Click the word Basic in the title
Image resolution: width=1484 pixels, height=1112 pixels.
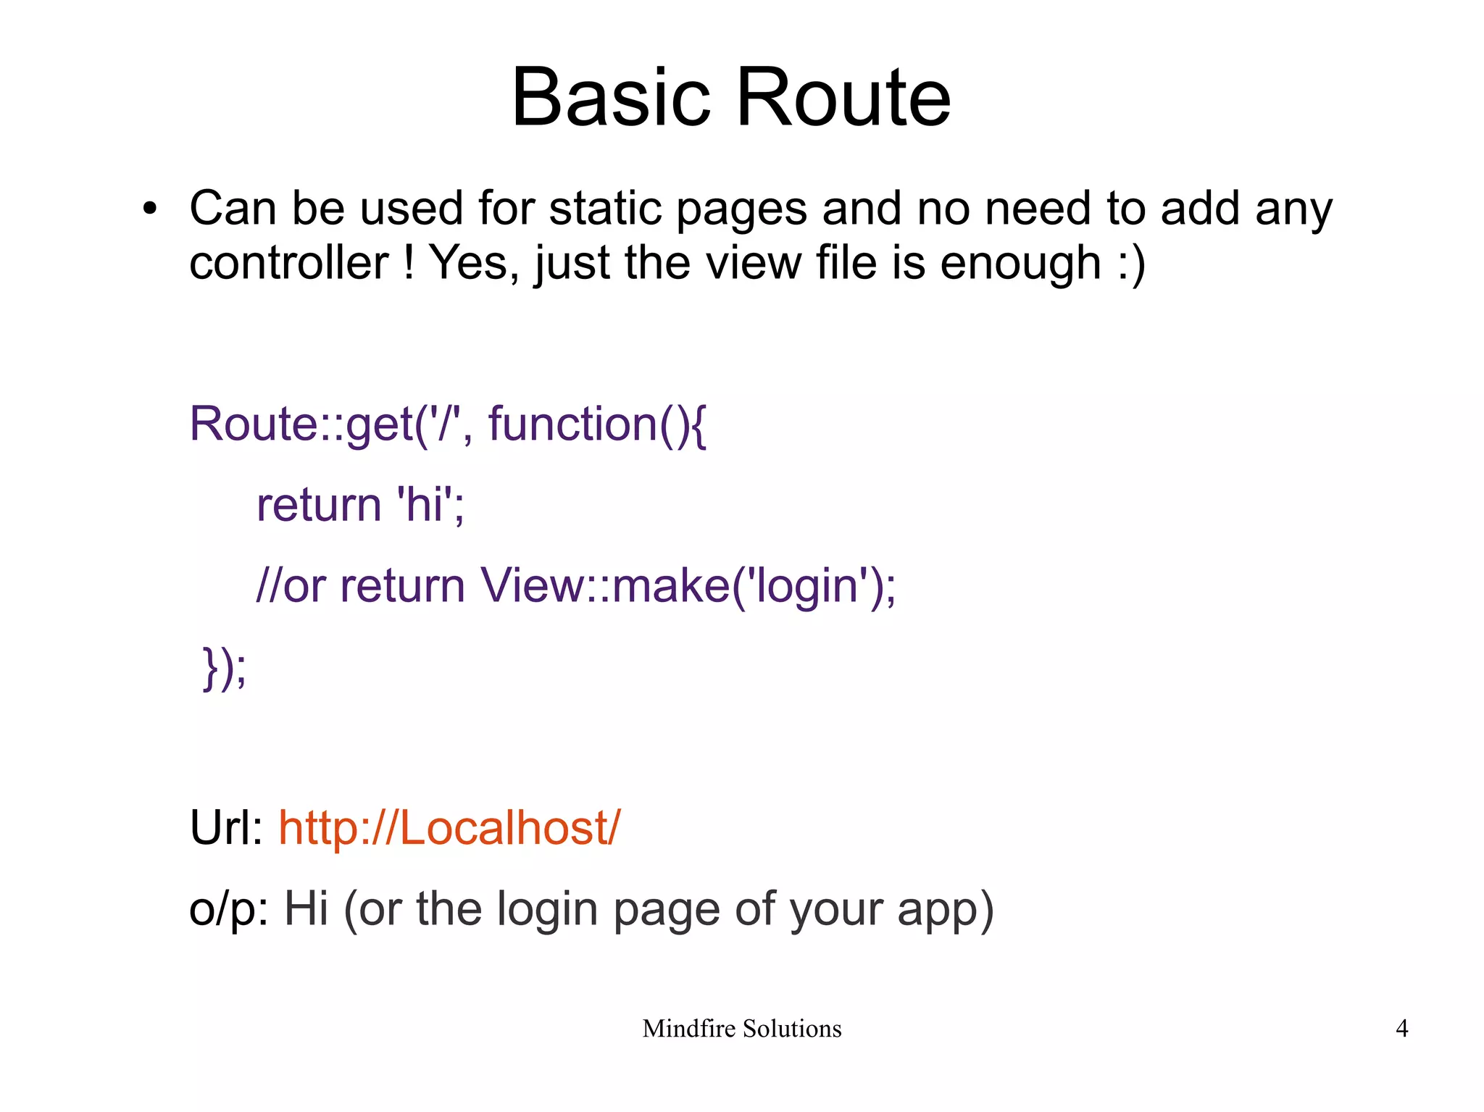click(611, 98)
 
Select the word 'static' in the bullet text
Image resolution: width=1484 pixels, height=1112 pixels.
click(606, 209)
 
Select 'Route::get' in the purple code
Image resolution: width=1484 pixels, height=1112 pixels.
click(301, 424)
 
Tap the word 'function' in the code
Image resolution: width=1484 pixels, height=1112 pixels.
click(572, 424)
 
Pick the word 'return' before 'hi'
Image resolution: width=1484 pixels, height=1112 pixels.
click(319, 505)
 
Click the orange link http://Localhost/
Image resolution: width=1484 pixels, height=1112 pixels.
click(449, 828)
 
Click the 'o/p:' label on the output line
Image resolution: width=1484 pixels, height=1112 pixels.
click(228, 909)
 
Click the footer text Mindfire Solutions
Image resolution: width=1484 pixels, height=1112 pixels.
click(741, 1029)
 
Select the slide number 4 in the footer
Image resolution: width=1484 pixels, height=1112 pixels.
click(1401, 1029)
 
